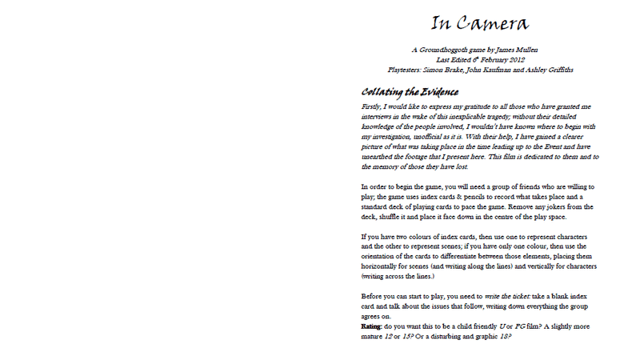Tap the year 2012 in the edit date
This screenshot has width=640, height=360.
[x=520, y=60]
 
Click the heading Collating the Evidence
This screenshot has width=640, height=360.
[x=409, y=92]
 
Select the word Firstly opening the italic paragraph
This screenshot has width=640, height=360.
[x=372, y=106]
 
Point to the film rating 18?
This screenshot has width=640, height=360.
[x=503, y=338]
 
